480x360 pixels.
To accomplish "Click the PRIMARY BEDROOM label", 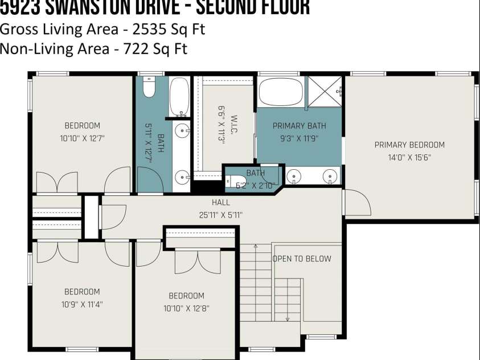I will coord(409,145).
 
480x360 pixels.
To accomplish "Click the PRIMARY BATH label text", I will coord(299,126).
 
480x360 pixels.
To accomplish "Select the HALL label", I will coord(221,202).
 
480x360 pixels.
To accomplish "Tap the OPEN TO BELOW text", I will coord(302,259).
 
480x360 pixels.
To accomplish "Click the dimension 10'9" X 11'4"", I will coord(82,304).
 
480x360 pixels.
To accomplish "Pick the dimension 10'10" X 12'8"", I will coord(186,308).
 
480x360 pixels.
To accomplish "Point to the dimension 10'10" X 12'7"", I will coord(82,138).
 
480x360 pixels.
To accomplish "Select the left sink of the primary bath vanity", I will coord(294,177).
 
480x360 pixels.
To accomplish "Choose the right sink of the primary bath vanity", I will coord(329,177).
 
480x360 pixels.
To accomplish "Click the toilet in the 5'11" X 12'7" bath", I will coord(149,88).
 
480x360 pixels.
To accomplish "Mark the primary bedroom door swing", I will coord(356,203).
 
